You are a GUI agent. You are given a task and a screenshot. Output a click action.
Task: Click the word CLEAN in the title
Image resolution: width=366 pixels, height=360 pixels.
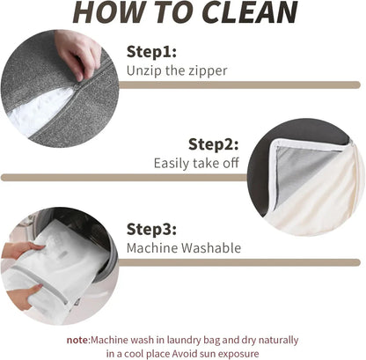tap(249, 12)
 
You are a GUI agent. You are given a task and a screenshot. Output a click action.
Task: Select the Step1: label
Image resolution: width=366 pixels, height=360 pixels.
tap(151, 52)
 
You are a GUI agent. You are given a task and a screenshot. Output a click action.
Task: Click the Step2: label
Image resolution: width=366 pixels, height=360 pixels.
tap(213, 144)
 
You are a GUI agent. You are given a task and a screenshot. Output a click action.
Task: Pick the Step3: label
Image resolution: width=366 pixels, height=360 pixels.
tap(151, 229)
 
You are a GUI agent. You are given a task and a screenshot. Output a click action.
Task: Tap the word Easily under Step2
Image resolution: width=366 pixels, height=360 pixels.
tap(172, 164)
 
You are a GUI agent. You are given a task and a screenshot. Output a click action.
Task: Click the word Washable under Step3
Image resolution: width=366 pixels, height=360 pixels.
tap(211, 248)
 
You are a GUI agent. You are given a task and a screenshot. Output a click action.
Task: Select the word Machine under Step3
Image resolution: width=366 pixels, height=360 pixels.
tap(152, 248)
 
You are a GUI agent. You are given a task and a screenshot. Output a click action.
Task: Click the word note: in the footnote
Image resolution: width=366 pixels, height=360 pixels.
tap(78, 341)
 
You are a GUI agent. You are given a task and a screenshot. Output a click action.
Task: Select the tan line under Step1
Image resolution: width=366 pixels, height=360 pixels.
tap(239, 84)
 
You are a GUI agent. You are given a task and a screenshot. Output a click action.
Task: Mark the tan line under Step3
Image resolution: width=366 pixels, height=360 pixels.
tap(239, 262)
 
